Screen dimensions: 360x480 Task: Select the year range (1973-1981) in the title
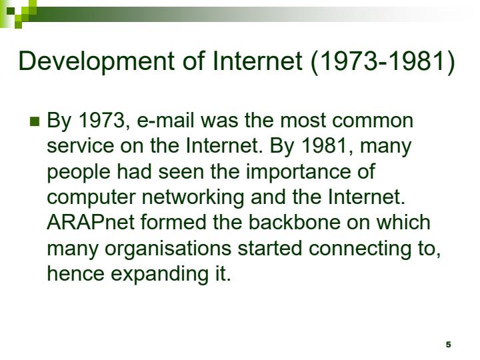click(x=382, y=61)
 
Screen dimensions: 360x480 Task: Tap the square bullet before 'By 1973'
click(x=35, y=121)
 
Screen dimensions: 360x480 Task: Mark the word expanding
click(x=153, y=273)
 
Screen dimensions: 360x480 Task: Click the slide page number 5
click(x=448, y=345)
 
